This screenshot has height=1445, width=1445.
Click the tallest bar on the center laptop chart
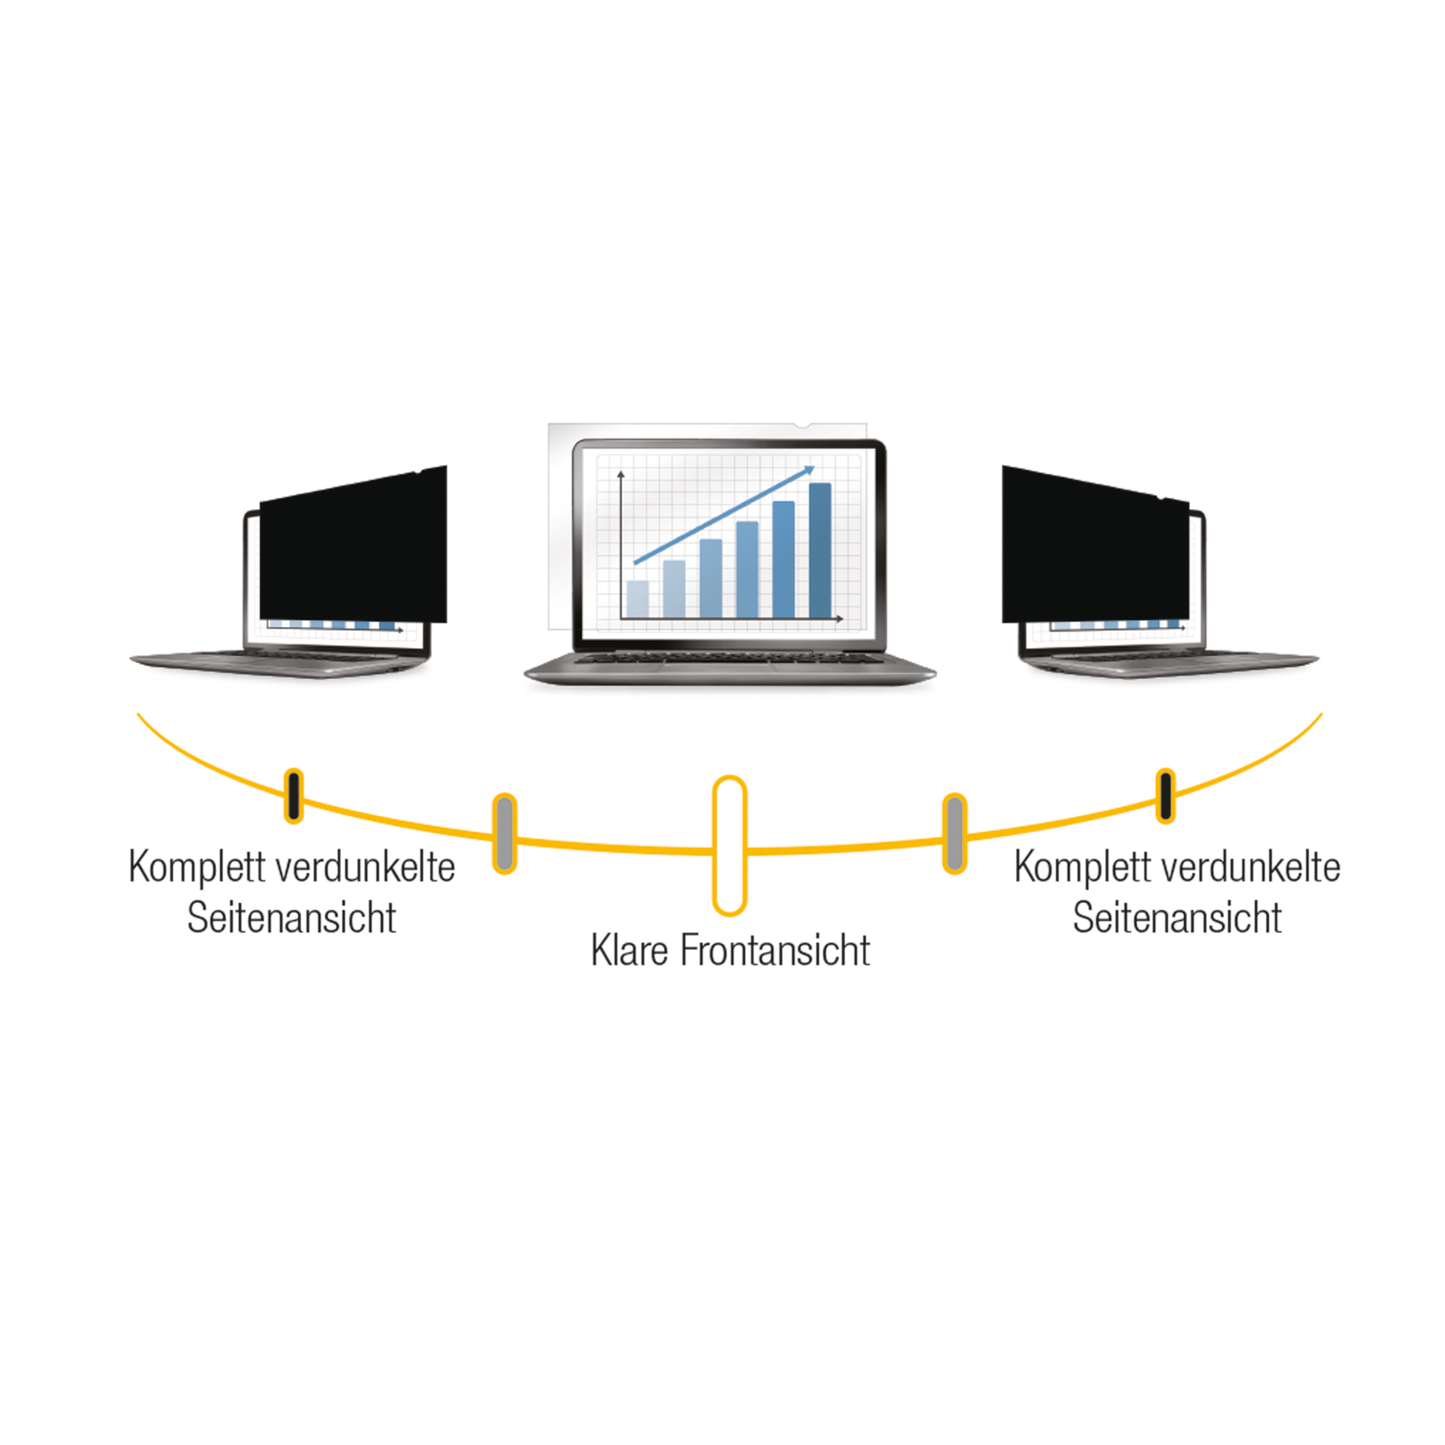click(x=820, y=550)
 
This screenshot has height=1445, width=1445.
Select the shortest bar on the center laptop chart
click(x=637, y=599)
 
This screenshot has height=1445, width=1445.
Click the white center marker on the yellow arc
click(x=729, y=845)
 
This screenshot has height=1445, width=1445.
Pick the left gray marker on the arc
click(x=504, y=833)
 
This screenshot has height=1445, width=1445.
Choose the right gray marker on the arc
click(x=954, y=833)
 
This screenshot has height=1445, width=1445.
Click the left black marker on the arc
click(x=294, y=796)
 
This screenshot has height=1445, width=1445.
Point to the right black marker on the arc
click(x=1165, y=796)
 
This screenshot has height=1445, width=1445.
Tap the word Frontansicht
click(x=775, y=950)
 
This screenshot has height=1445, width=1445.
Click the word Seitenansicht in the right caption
click(x=1177, y=917)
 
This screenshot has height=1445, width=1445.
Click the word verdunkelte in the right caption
click(x=1251, y=867)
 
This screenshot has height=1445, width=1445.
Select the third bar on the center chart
click(x=710, y=578)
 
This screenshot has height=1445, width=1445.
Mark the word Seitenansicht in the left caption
click(x=292, y=917)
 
